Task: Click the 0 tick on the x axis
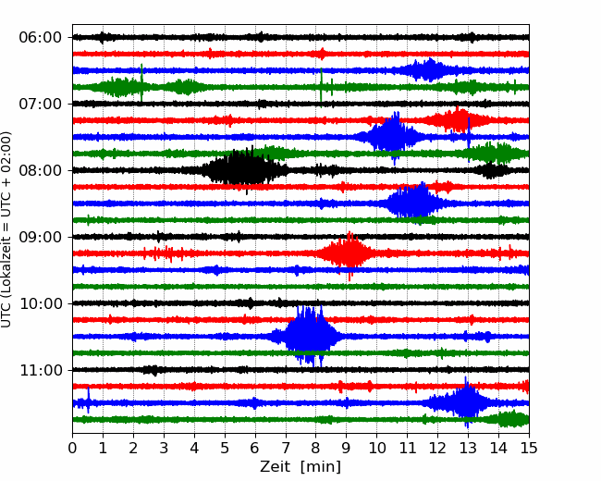click(72, 448)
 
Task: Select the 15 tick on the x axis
click(529, 448)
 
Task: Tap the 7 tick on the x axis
click(286, 448)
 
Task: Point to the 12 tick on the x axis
click(437, 448)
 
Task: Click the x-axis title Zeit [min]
click(300, 467)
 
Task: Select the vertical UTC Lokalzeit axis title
click(6, 229)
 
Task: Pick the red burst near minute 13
click(458, 120)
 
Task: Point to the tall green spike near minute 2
click(141, 82)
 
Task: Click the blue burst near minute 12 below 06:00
click(430, 70)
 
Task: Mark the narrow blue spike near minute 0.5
click(89, 401)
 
